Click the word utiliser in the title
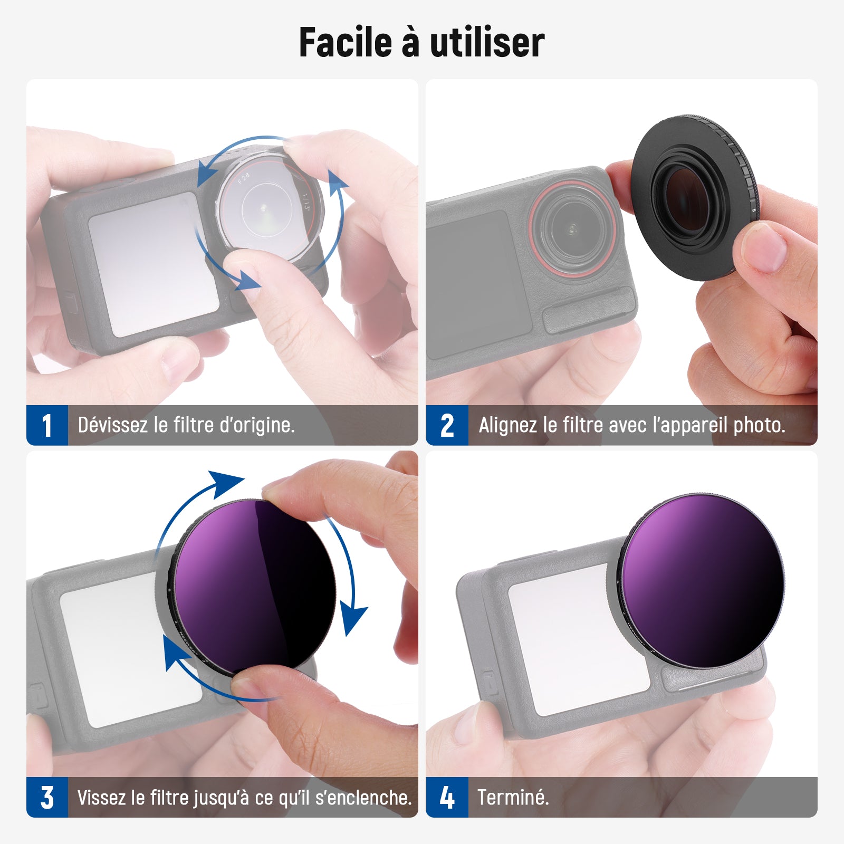pos(487,42)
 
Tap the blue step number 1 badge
pos(47,425)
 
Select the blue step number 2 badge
pos(447,425)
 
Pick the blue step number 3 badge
pos(47,797)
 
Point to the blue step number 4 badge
pos(447,797)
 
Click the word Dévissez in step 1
pos(112,425)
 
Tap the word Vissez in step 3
pos(101,797)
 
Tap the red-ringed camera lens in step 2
pos(573,228)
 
